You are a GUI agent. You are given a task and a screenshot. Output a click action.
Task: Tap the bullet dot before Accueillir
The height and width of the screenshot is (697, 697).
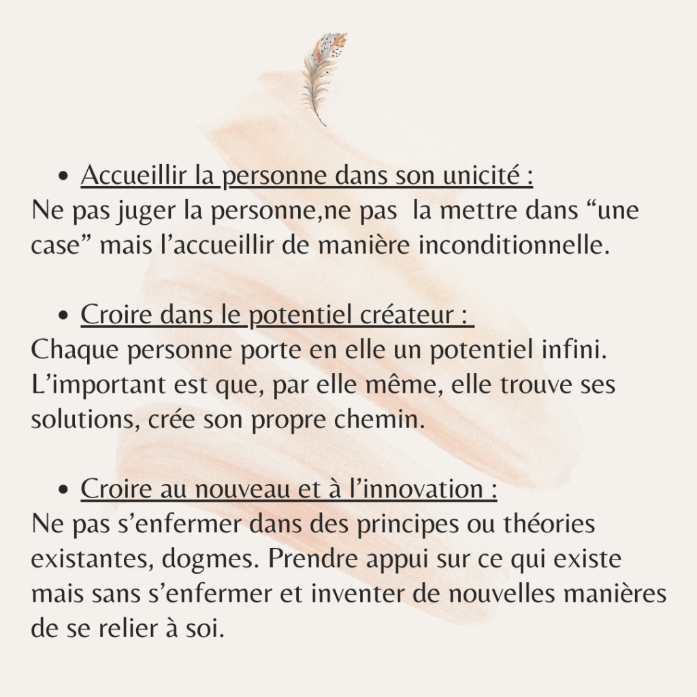point(64,177)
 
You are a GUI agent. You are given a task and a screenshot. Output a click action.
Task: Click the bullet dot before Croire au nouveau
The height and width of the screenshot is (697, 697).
point(64,491)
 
